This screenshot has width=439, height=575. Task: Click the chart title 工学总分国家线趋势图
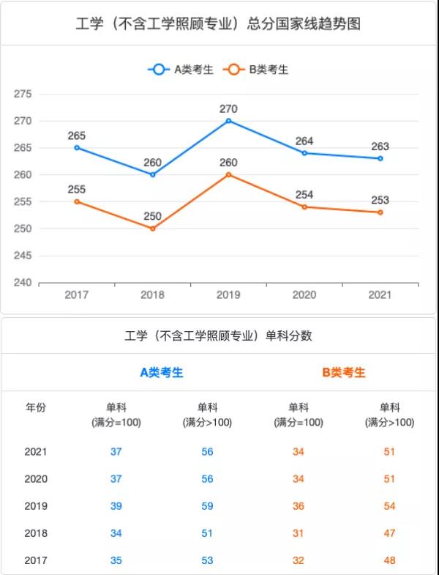218,24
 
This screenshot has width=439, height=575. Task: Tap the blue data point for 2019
228,120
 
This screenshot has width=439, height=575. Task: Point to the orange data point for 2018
153,229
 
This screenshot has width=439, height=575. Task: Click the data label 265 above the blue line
77,136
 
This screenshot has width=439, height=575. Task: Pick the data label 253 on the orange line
380,200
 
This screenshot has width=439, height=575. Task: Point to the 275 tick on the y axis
23,94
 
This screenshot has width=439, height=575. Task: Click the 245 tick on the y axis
23,256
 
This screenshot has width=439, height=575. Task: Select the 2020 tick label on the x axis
304,295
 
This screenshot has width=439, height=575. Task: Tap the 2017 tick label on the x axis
77,295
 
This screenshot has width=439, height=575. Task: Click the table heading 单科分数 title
218,336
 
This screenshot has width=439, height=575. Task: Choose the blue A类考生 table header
162,372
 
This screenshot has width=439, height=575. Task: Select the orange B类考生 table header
344,372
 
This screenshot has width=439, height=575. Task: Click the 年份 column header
36,408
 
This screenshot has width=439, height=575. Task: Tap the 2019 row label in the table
36,506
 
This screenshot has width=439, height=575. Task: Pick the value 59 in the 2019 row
207,506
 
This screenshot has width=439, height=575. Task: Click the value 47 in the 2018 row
389,533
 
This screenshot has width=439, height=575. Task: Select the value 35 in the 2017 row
116,560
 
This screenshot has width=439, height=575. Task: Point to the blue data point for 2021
380,158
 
